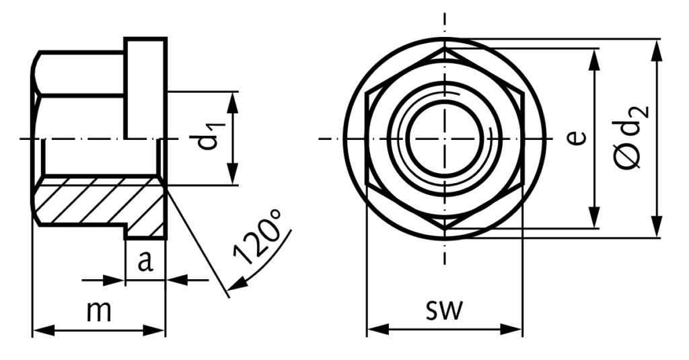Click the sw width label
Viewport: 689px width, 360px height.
(x=444, y=310)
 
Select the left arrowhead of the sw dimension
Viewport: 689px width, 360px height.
(x=373, y=330)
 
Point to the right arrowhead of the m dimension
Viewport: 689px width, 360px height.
(x=159, y=330)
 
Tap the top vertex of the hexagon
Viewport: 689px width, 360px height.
(x=444, y=48)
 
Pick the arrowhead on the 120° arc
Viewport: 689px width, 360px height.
(x=232, y=287)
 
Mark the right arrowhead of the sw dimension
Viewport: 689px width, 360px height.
(x=516, y=330)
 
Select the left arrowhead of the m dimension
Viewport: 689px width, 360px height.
(x=39, y=330)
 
